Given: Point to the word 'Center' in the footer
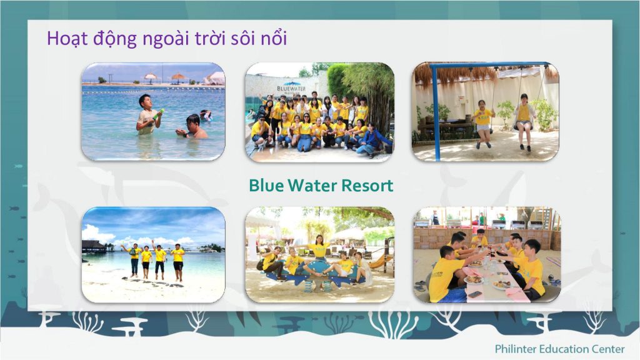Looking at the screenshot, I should [x=607, y=348].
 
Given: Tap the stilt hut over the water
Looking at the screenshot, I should [x=93, y=246].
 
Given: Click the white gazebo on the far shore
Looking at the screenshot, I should [x=215, y=78].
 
